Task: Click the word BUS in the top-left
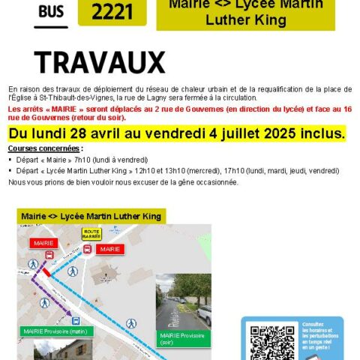click(x=50, y=11)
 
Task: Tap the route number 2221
click(x=112, y=11)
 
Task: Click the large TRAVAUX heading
click(x=100, y=61)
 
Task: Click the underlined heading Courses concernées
click(x=44, y=149)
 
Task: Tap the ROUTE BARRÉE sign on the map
click(x=91, y=234)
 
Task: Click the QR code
click(x=267, y=342)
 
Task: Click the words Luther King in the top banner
click(x=246, y=20)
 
